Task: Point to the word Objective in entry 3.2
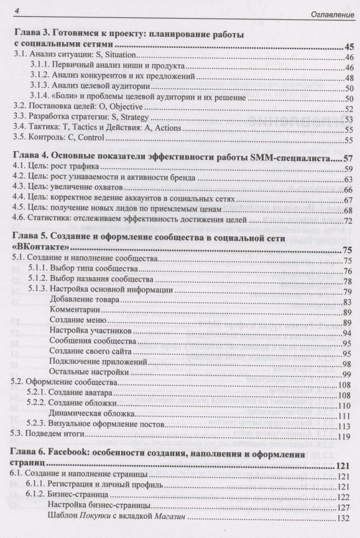pyautogui.click(x=132, y=106)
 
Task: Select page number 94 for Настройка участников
pyautogui.click(x=349, y=332)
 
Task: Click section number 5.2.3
pyautogui.click(x=42, y=425)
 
